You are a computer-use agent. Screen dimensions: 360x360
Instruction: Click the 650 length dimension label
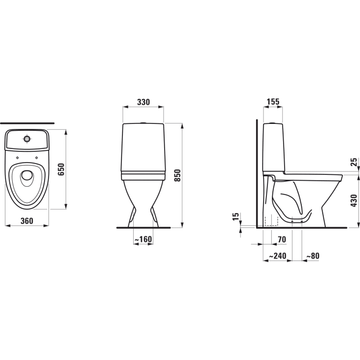[x=61, y=169]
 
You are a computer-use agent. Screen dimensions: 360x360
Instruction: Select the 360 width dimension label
[x=27, y=221]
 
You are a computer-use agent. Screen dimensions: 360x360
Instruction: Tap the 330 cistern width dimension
[x=143, y=102]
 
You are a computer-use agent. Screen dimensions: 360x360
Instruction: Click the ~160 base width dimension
[x=143, y=240]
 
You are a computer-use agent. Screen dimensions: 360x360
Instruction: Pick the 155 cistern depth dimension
[x=273, y=102]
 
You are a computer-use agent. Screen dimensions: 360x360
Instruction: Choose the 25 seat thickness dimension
[x=354, y=162]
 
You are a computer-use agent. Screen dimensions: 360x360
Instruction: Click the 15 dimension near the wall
[x=236, y=216]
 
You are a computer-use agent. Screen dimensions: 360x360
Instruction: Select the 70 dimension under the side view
[x=281, y=239]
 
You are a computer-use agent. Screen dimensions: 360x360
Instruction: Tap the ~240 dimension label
[x=278, y=256]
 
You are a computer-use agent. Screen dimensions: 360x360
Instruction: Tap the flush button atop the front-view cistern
[x=143, y=122]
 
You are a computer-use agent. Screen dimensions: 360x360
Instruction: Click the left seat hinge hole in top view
[x=17, y=157]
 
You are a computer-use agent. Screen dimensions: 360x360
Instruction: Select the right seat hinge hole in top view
[x=38, y=157]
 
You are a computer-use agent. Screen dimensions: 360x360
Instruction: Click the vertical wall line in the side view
[x=257, y=171]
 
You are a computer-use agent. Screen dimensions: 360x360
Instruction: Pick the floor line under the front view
[x=143, y=228]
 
